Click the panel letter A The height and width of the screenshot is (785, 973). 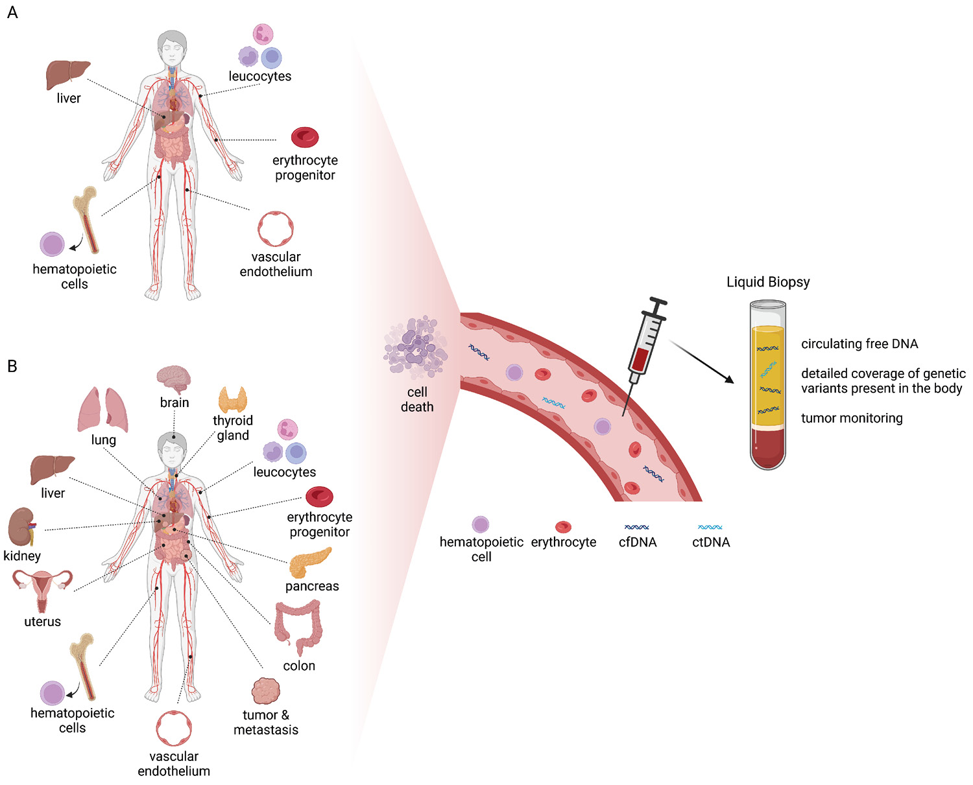point(12,12)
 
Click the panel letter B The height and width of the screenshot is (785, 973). point(12,366)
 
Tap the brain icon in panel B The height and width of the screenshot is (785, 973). point(174,379)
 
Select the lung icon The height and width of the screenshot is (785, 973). point(103,410)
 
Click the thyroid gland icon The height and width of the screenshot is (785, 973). point(232,399)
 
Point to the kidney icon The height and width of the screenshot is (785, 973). point(22,526)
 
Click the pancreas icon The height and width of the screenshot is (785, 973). point(309,563)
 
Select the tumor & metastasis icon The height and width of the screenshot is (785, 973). point(265,692)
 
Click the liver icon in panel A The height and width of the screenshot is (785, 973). point(67,75)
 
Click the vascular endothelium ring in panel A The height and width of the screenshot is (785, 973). point(276,229)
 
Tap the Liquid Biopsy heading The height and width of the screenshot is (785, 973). point(768,282)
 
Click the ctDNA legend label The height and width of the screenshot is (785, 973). point(711,543)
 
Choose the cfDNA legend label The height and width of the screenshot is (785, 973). point(638,543)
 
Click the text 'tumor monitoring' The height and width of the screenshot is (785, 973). point(852,418)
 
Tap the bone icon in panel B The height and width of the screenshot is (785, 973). point(84,666)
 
